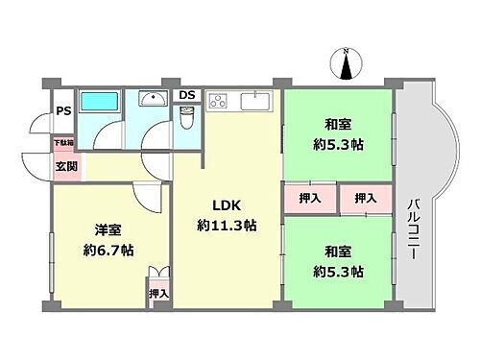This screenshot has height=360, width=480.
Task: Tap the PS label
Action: point(61,109)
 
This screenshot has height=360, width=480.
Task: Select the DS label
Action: point(187,94)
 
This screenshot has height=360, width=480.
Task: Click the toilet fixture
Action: point(187,118)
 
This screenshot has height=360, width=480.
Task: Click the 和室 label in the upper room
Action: point(336,123)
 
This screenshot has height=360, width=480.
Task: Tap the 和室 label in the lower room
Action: point(336,252)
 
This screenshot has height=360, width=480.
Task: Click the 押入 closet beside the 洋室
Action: point(158,293)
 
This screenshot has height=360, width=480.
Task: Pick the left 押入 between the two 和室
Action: point(310,198)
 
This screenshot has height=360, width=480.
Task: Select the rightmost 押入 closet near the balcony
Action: point(365,198)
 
